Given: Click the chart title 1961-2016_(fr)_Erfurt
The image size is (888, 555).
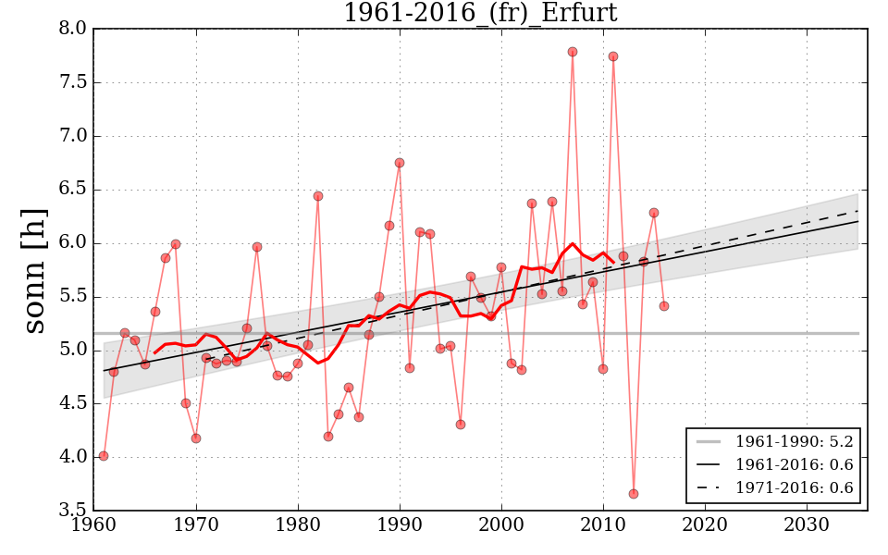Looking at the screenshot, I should [480, 13].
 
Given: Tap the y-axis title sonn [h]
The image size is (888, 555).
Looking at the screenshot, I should [35, 269].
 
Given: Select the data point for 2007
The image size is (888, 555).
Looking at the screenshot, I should [573, 52].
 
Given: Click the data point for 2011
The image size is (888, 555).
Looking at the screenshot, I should [613, 56].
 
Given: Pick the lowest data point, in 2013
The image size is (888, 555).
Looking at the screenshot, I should [634, 494].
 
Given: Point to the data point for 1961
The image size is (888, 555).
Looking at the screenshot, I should [104, 456].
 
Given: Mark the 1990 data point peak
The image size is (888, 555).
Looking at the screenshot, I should [400, 163].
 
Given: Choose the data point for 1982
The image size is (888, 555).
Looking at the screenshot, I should [318, 196].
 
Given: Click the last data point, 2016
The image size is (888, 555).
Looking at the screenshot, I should [664, 306].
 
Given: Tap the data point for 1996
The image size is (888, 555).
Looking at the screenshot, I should [461, 425].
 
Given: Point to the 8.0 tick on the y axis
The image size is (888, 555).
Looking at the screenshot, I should [73, 29].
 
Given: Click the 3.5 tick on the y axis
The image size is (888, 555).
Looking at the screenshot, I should [73, 511].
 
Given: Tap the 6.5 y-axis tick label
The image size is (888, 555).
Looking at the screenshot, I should [73, 190].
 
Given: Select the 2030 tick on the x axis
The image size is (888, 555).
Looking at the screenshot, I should [807, 524].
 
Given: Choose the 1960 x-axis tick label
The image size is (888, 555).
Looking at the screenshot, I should [94, 524].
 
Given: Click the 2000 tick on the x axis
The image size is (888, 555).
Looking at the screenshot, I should [501, 524].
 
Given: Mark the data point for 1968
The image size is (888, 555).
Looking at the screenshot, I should [176, 244].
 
